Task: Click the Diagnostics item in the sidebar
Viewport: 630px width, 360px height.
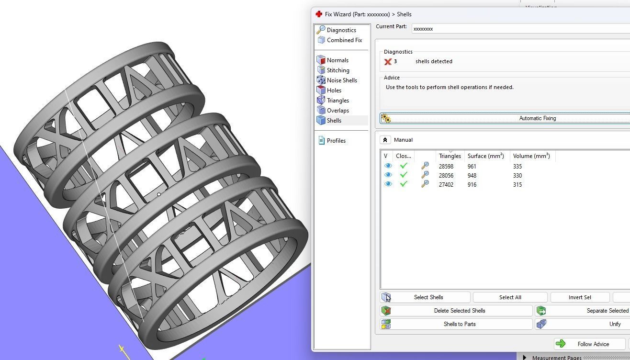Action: (x=341, y=30)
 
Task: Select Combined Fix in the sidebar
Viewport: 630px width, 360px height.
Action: (x=344, y=40)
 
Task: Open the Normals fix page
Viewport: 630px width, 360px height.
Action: (x=337, y=60)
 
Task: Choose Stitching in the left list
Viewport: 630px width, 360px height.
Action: (x=337, y=70)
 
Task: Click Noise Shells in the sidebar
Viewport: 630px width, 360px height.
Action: (x=341, y=80)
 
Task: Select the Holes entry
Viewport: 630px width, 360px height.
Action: (x=334, y=90)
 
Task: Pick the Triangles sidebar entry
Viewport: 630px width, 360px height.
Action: (x=337, y=101)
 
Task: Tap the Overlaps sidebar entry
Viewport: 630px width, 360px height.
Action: (x=337, y=111)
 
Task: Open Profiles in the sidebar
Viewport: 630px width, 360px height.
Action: (x=336, y=141)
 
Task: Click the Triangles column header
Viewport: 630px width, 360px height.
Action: (x=450, y=156)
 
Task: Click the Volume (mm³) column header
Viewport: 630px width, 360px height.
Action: (x=531, y=156)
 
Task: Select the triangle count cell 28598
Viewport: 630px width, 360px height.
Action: (x=446, y=167)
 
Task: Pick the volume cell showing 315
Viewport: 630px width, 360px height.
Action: (x=517, y=185)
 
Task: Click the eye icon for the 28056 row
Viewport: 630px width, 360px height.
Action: (x=388, y=175)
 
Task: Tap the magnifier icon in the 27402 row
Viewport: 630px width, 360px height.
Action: (x=425, y=184)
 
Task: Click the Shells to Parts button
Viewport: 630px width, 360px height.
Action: (x=459, y=324)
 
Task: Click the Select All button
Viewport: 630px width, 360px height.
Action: (x=510, y=297)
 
